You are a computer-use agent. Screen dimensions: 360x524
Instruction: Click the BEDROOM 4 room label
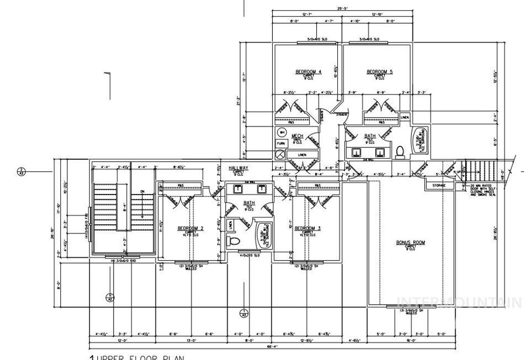pyautogui.click(x=308, y=72)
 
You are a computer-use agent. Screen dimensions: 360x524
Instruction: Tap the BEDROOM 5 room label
pyautogui.click(x=379, y=72)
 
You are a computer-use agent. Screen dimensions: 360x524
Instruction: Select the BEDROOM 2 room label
pyautogui.click(x=190, y=228)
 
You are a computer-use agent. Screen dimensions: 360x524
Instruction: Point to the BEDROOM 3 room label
pyautogui.click(x=308, y=228)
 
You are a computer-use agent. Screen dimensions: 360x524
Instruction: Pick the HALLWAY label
pyautogui.click(x=238, y=168)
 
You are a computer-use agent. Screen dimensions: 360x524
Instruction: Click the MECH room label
pyautogui.click(x=297, y=136)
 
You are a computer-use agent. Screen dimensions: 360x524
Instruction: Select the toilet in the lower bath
pyautogui.click(x=233, y=241)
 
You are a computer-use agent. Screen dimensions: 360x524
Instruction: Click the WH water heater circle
pyautogui.click(x=281, y=132)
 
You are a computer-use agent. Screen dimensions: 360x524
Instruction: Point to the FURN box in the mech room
pyautogui.click(x=280, y=144)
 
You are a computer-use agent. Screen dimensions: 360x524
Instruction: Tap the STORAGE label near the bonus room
pyautogui.click(x=439, y=185)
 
